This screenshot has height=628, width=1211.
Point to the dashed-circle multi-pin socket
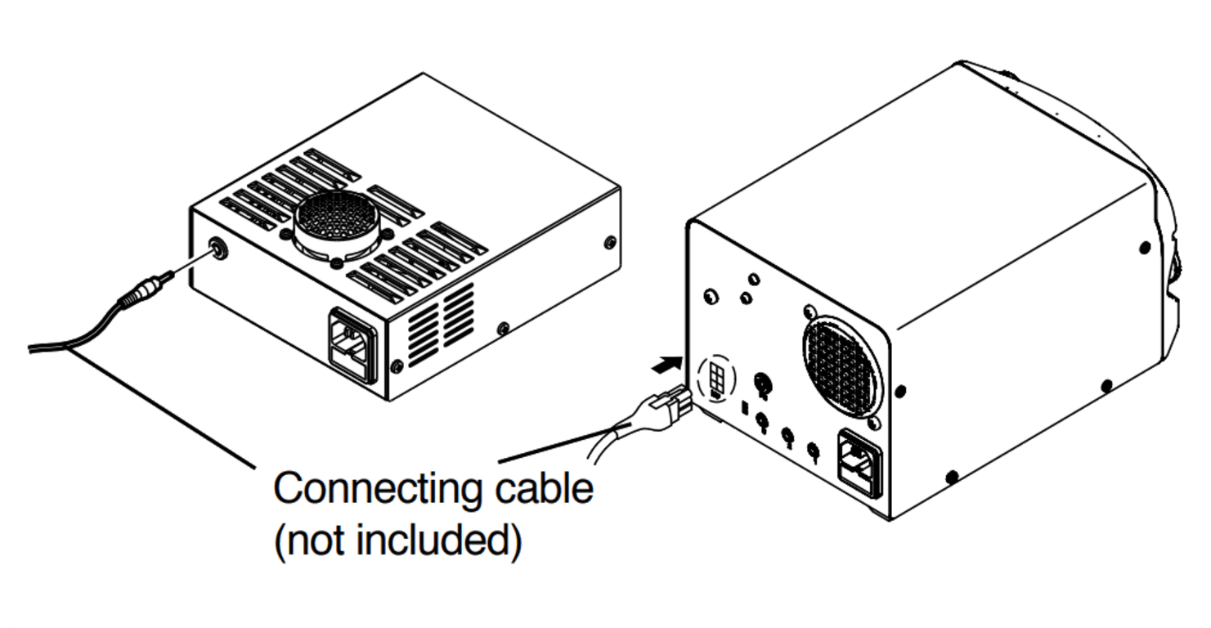click(x=717, y=379)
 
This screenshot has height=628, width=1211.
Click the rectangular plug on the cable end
click(x=670, y=404)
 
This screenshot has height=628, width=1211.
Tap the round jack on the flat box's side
click(x=218, y=247)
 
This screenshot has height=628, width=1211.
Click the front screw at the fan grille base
click(x=336, y=264)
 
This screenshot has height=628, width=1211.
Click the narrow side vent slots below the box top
click(x=442, y=324)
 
